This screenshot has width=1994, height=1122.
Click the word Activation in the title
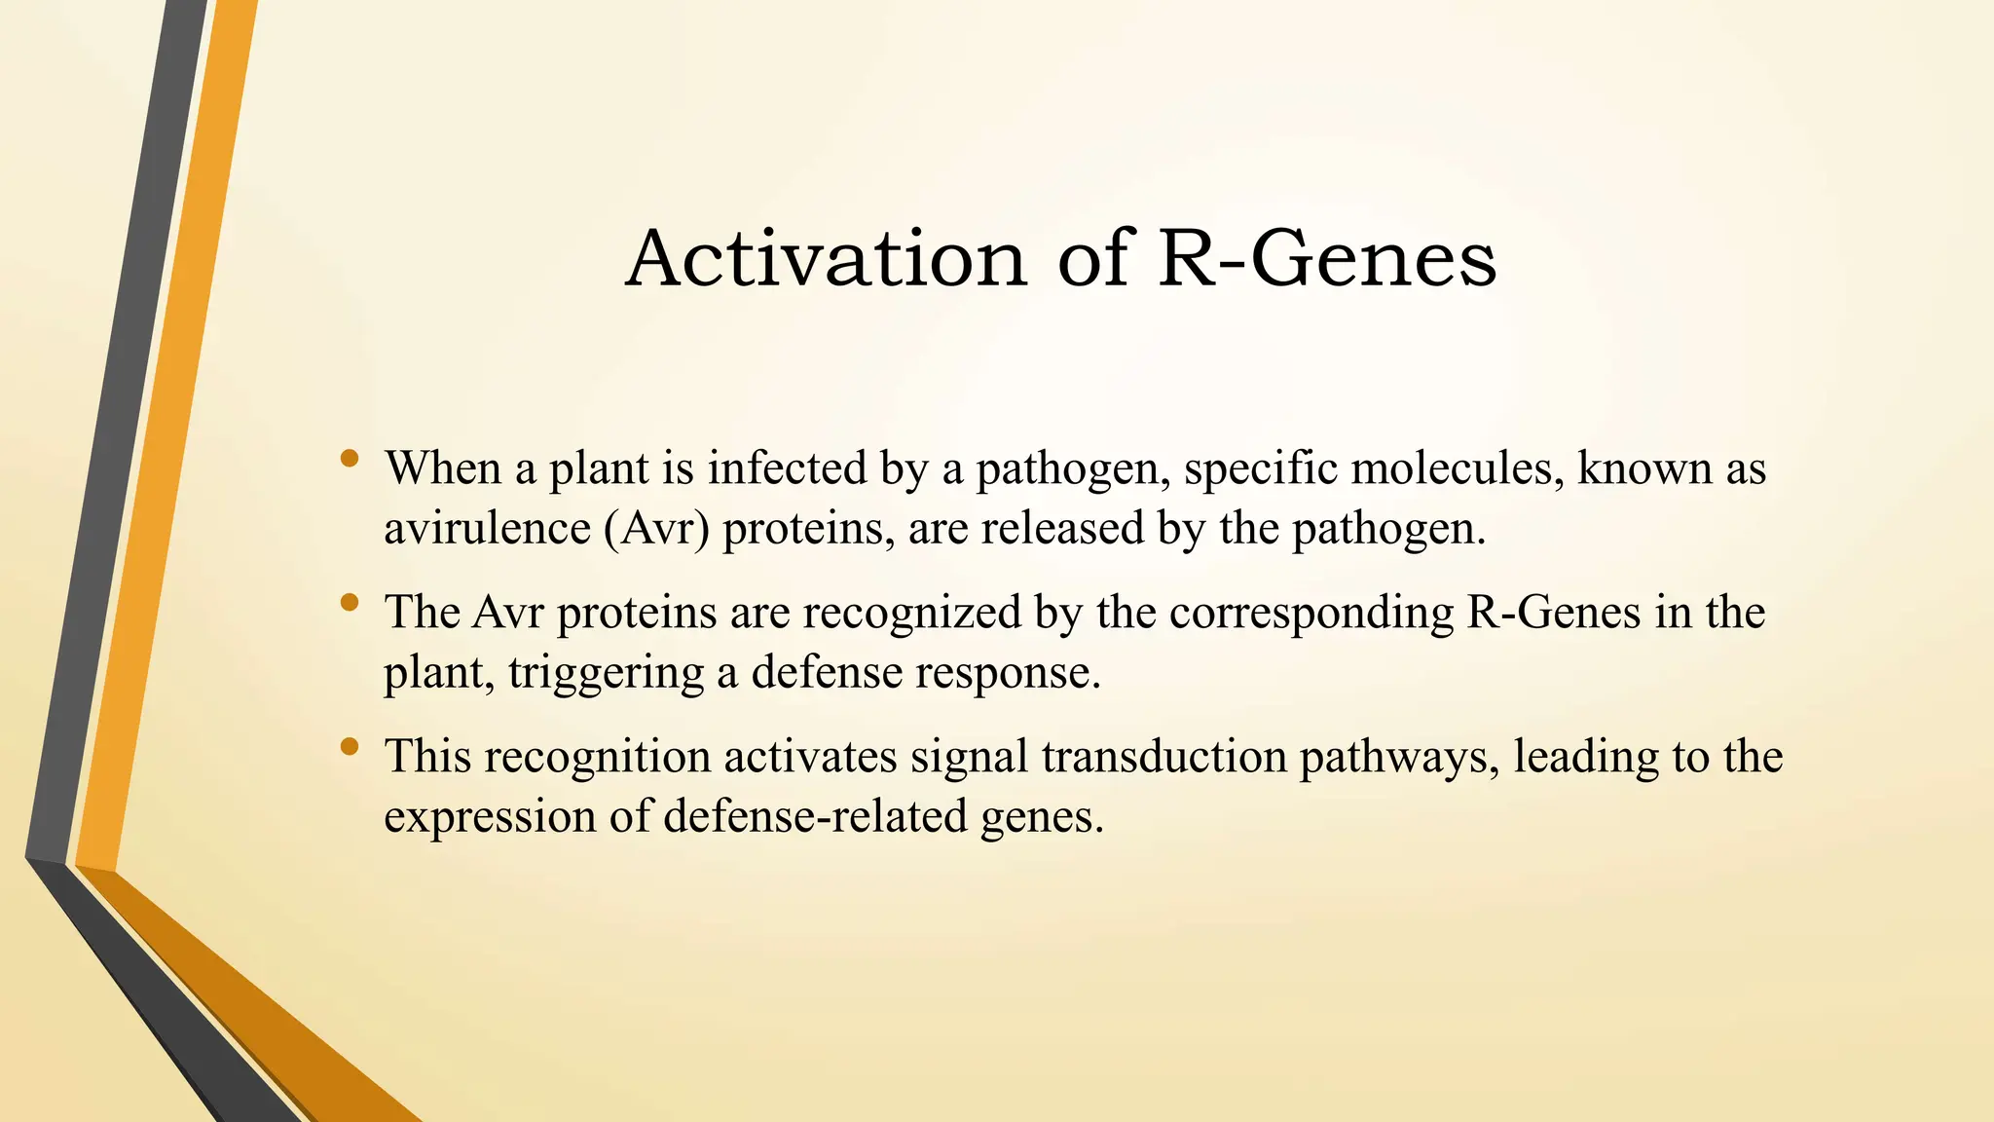pos(826,259)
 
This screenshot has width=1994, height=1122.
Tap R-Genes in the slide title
pos(1327,259)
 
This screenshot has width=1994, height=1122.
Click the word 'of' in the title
pos(1092,259)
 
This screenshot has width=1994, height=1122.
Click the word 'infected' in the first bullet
pos(787,468)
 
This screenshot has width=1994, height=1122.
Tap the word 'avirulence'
pos(487,529)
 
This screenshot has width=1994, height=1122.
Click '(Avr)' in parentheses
pos(656,529)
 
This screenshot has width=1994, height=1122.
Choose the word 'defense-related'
pos(815,816)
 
